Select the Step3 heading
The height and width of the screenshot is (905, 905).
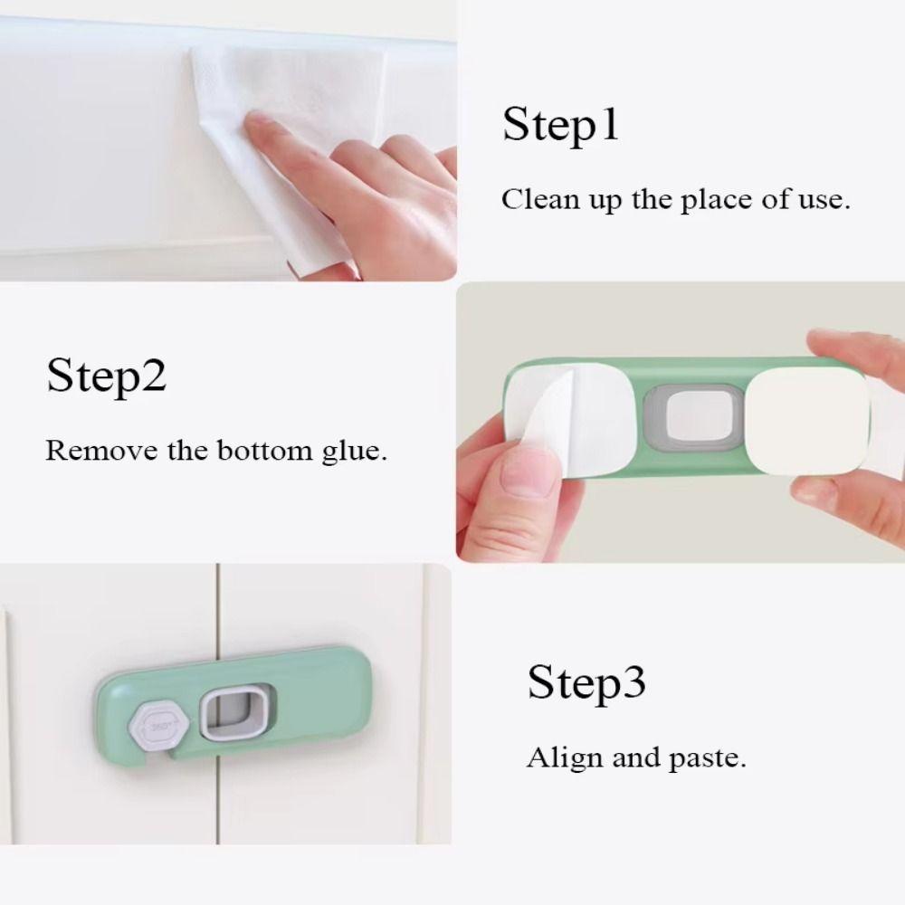586,681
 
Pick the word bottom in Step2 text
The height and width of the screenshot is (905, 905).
261,449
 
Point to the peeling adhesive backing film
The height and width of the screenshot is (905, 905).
552,416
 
